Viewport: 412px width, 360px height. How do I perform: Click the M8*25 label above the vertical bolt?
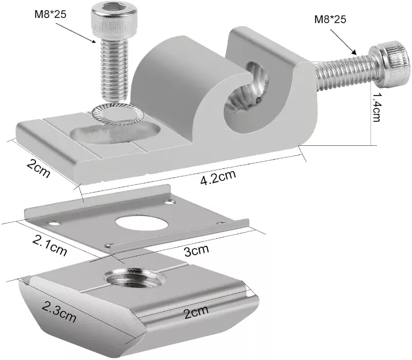pos(50,14)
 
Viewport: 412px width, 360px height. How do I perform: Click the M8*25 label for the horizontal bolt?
pos(330,20)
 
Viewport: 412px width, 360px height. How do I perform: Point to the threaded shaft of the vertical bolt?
pos(111,69)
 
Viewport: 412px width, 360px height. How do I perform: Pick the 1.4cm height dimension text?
pos(377,108)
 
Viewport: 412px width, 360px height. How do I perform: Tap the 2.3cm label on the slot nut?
pos(59,311)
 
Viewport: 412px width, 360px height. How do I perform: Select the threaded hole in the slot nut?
pos(135,281)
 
